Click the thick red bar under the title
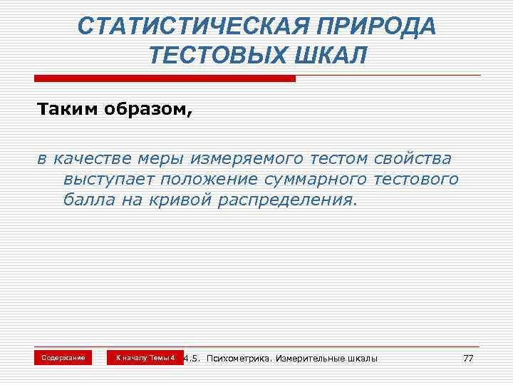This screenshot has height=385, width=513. pyautogui.click(x=163, y=78)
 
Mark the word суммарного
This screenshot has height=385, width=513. pyautogui.click(x=328, y=178)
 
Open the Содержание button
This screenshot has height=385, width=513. pyautogui.click(x=63, y=356)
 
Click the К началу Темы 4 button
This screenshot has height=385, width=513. pyautogui.click(x=145, y=356)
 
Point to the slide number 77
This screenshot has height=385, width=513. pyautogui.click(x=467, y=357)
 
